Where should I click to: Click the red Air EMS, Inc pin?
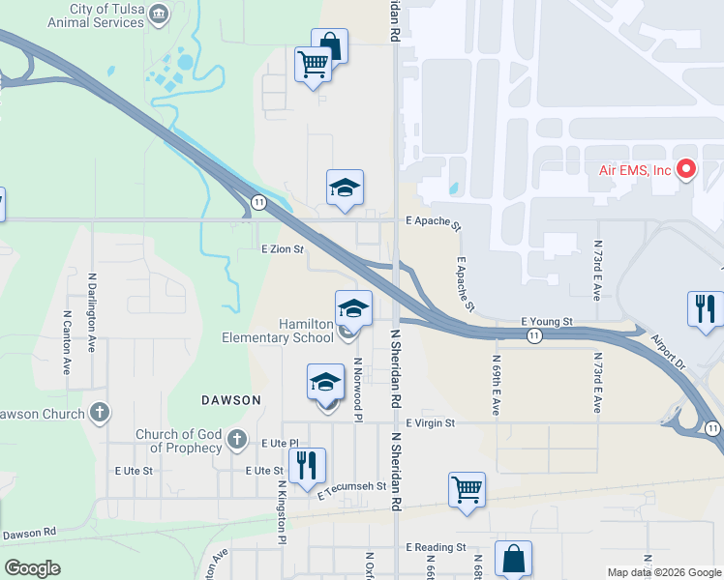687,169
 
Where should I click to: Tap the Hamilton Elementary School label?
292,331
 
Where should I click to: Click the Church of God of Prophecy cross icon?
236,441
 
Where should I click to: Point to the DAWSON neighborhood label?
231,399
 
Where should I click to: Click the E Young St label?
547,321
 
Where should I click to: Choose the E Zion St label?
284,248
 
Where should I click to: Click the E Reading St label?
436,547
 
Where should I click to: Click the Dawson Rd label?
30,534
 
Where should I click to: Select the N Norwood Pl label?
358,389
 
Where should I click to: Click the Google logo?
32,568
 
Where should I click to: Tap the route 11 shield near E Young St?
533,334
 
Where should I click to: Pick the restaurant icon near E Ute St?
307,465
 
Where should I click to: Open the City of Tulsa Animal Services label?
106,15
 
